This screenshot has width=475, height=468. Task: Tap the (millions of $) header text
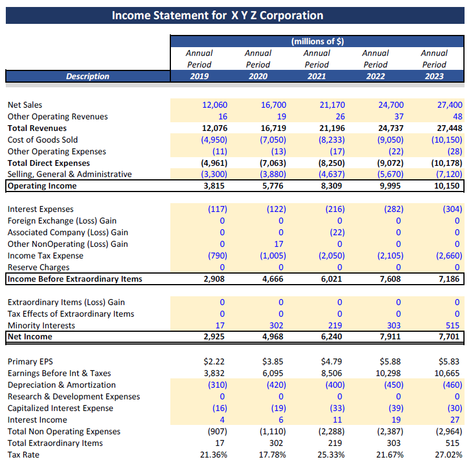click(317, 41)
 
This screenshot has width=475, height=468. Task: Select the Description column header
click(87, 76)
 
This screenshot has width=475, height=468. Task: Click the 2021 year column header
click(317, 76)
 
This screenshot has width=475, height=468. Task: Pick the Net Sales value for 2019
click(215, 105)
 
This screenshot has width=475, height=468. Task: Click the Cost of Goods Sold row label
click(42, 140)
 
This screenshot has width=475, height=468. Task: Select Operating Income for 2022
click(390, 186)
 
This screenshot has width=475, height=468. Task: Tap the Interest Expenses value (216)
click(333, 209)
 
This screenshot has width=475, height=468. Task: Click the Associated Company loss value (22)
click(335, 232)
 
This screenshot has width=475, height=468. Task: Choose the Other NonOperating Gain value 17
click(278, 244)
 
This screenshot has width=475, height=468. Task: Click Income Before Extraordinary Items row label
click(74, 279)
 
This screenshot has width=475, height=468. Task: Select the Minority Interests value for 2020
click(276, 325)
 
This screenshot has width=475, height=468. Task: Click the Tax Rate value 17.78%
click(272, 455)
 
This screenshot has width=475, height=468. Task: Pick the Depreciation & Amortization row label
click(61, 385)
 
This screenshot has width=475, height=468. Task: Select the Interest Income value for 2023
click(455, 420)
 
